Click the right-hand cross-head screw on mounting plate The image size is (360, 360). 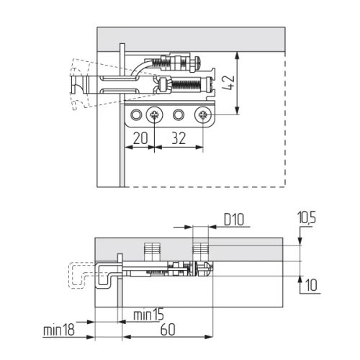click(204, 114)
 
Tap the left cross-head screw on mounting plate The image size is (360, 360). click(155, 114)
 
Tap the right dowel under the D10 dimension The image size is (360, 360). click(201, 251)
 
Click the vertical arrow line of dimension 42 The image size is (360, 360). click(238, 83)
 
